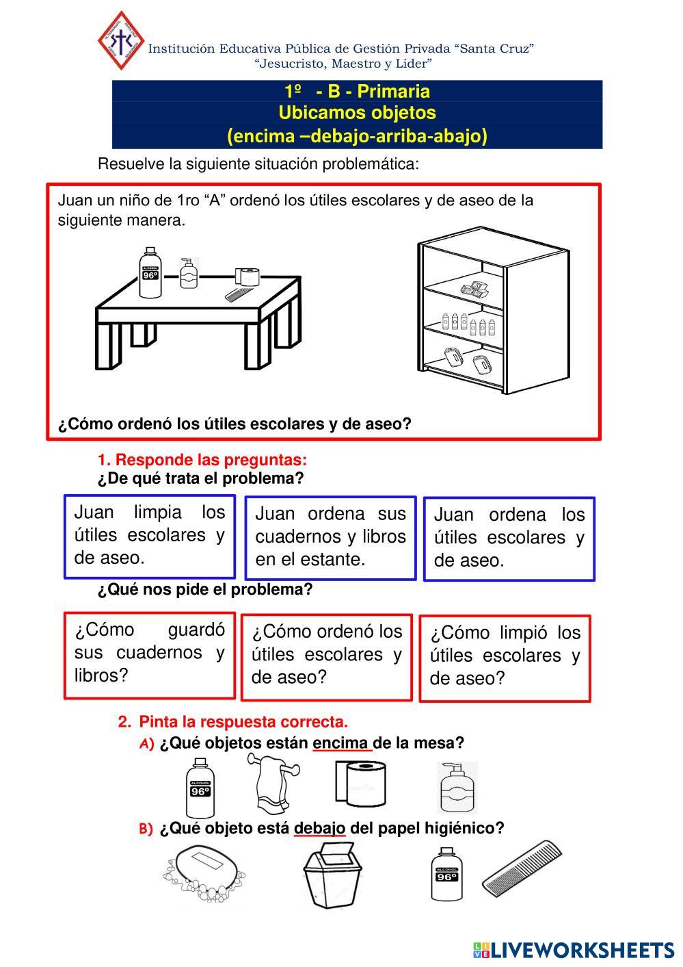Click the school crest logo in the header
pos(121,40)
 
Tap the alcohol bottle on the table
pos(149,274)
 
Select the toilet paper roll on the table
pos(247,276)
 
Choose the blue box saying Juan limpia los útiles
pos(149,537)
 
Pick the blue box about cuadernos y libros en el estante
pos(330,538)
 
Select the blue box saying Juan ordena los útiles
pos(509,539)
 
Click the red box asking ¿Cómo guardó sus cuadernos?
pos(149,654)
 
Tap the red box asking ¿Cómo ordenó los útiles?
pos(327,656)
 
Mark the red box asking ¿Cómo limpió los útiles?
pos(505,658)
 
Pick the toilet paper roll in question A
pos(360,786)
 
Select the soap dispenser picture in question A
pos(457,787)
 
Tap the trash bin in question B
pos(331,875)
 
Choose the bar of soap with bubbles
pos(204,874)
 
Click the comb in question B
pos(522,868)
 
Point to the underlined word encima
pos(341,743)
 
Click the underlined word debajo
pos(319,829)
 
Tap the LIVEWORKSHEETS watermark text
pos(581,950)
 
